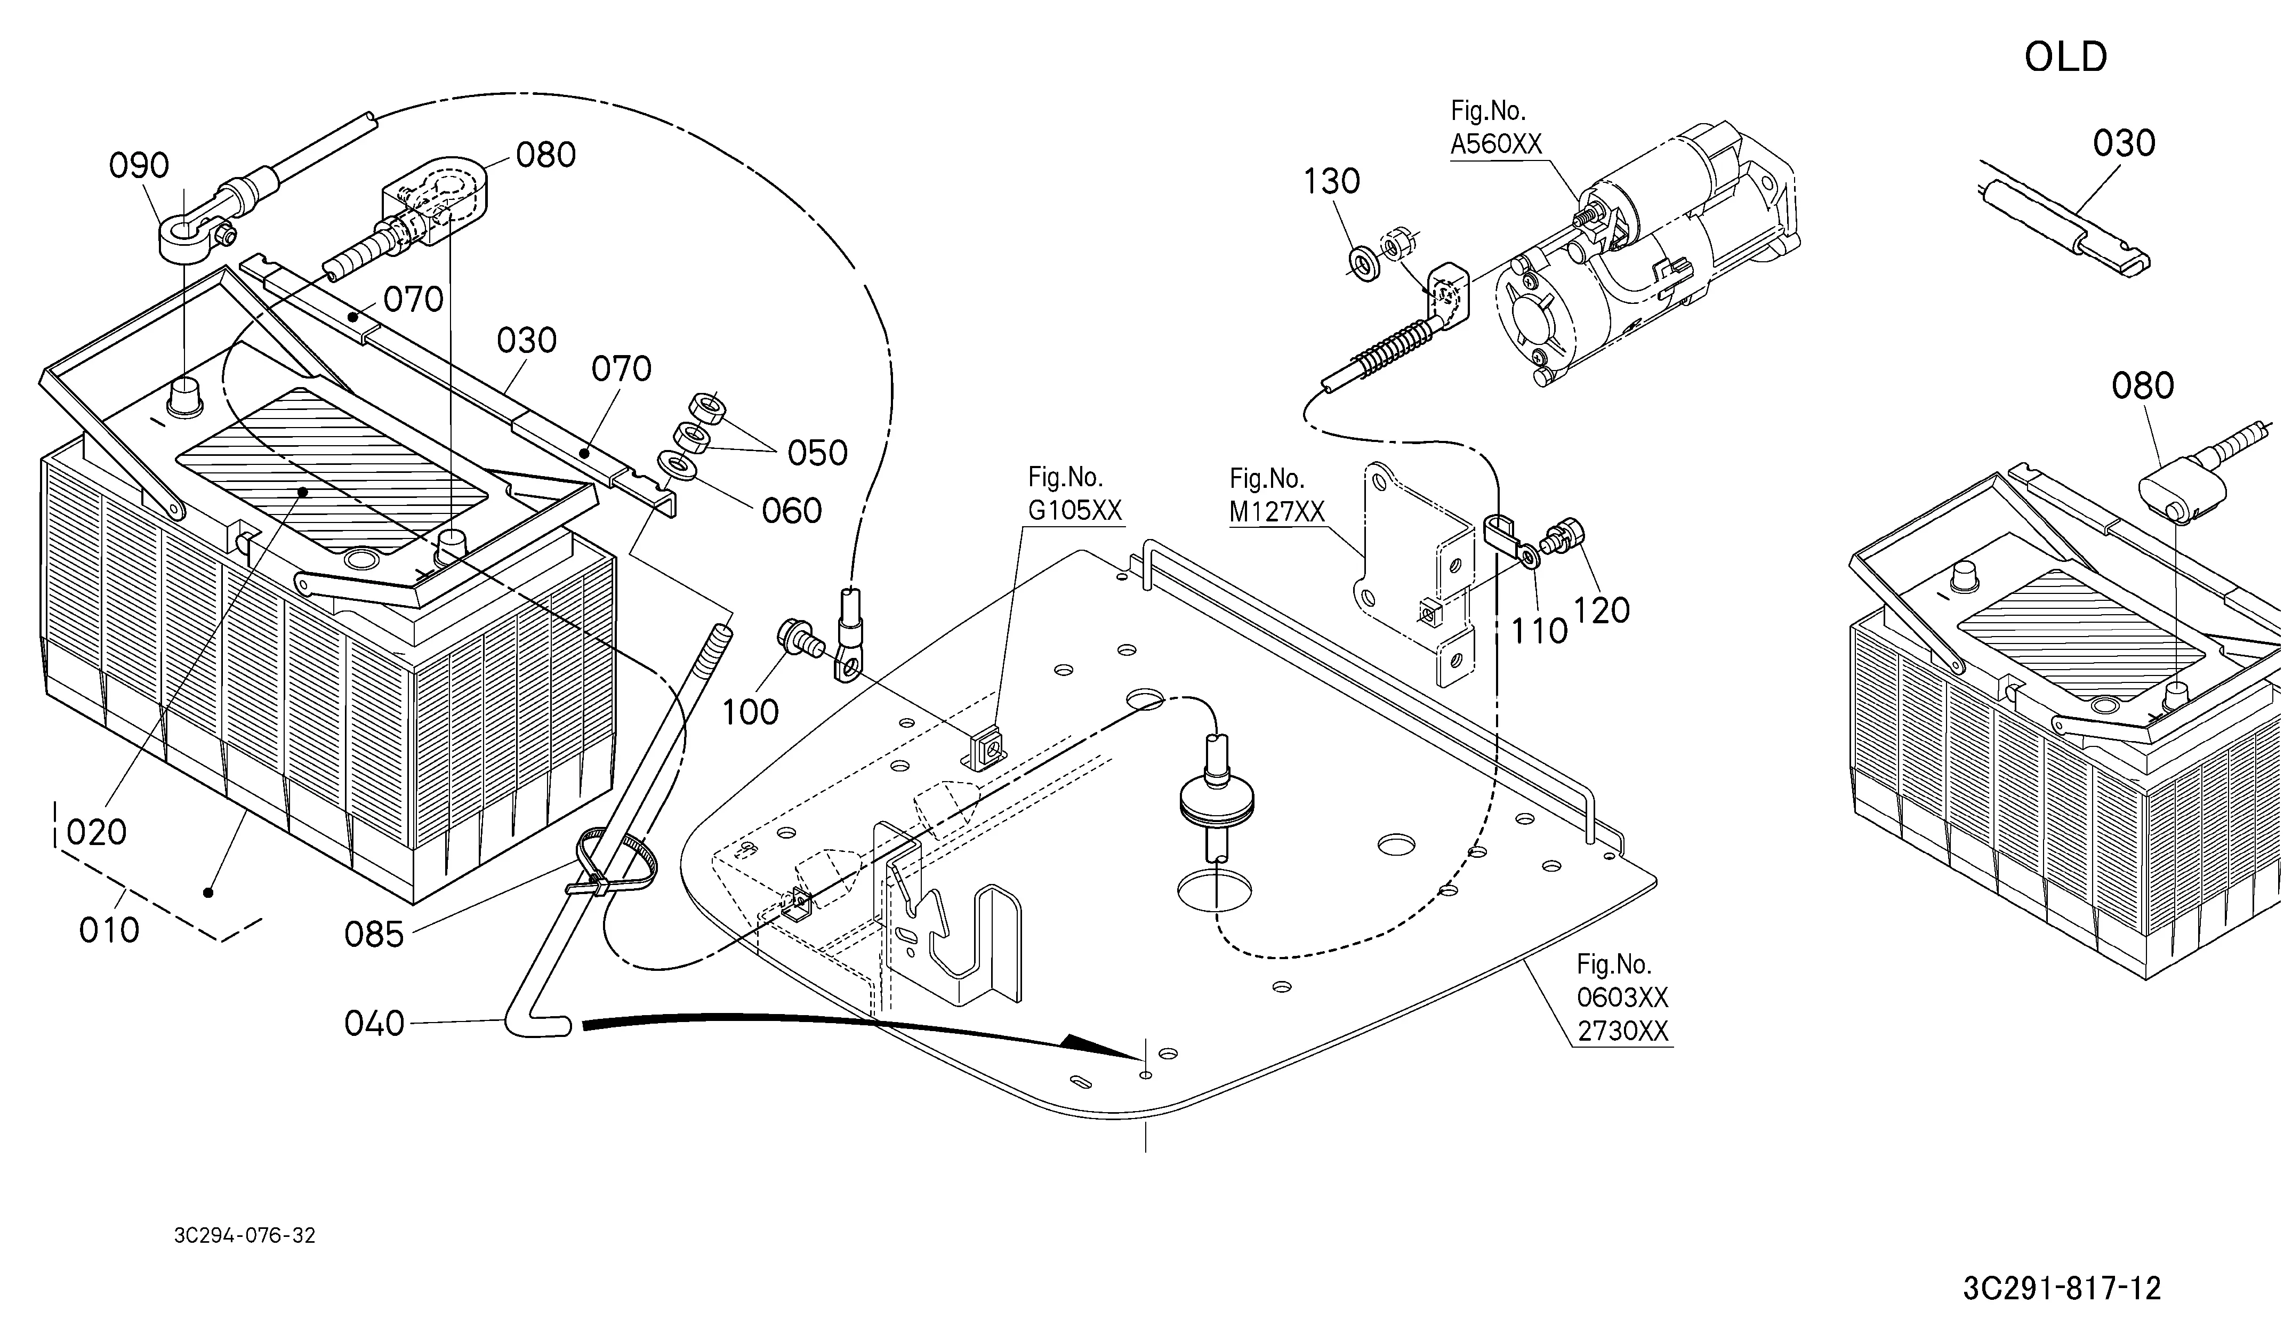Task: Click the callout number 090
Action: [x=139, y=165]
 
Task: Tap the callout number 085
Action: [x=374, y=934]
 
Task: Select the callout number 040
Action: [x=374, y=1024]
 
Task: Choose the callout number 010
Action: [x=109, y=930]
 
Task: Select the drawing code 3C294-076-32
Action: [x=245, y=1236]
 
